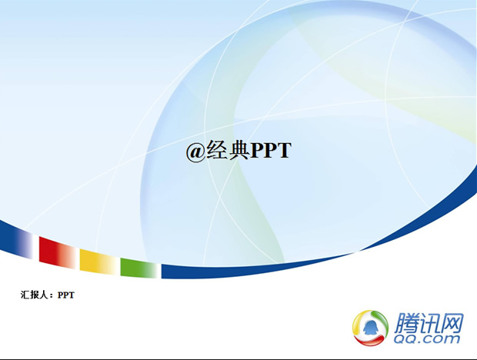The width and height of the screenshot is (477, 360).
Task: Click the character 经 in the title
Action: pyautogui.click(x=217, y=150)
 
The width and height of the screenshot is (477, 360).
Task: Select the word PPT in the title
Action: pyautogui.click(x=271, y=150)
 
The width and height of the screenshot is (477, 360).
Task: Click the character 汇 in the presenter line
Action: pyautogui.click(x=25, y=295)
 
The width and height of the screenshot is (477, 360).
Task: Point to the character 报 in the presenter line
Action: pyautogui.click(x=35, y=295)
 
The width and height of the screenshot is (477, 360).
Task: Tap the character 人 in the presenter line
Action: pyautogui.click(x=44, y=295)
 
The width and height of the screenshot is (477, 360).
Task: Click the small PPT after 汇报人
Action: pyautogui.click(x=66, y=295)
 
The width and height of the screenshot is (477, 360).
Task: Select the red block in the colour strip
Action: pyautogui.click(x=57, y=253)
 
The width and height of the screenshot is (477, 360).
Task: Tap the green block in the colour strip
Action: pyautogui.click(x=139, y=268)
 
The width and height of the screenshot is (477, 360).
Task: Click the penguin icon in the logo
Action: pyautogui.click(x=370, y=328)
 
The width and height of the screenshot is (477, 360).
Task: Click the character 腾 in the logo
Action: pyautogui.click(x=406, y=323)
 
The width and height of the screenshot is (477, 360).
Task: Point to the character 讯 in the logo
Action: pyautogui.click(x=429, y=323)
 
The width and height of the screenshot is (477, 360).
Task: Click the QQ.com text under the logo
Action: pyautogui.click(x=427, y=338)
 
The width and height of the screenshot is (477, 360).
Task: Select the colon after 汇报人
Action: pyautogui.click(x=52, y=295)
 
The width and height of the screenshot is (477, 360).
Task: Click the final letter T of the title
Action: pyautogui.click(x=285, y=150)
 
